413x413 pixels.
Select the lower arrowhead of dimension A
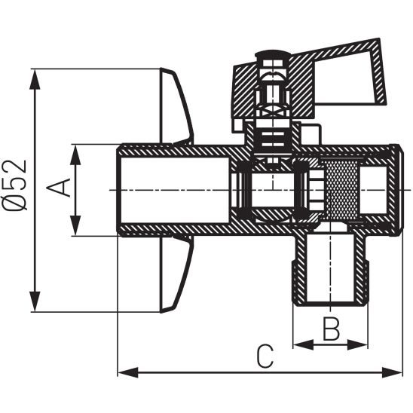pyautogui.click(x=75, y=228)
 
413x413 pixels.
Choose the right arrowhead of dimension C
pyautogui.click(x=396, y=372)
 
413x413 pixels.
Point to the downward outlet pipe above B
pyautogui.click(x=329, y=268)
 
